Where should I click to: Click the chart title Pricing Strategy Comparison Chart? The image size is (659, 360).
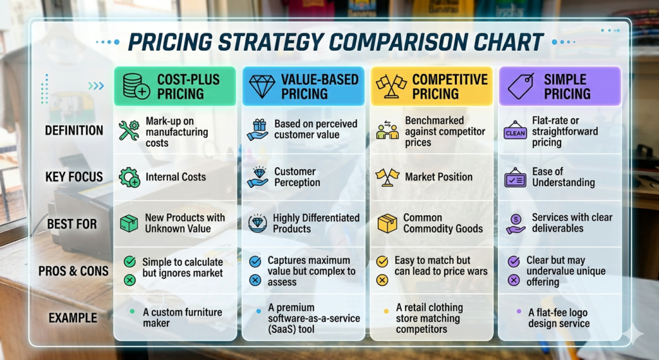coord(335,42)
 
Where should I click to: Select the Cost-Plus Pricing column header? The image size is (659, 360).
coord(175,86)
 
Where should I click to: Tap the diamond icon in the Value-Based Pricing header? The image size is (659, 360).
coord(261,86)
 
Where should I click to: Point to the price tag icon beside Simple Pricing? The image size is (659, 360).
coord(520,86)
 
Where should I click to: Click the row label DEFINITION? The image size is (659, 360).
coord(74,131)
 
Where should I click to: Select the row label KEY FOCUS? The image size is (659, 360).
coord(74,177)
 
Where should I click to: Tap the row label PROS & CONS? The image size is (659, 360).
coord(73,271)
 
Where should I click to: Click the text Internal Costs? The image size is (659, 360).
coord(176,177)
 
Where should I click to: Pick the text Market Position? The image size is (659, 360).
coord(438,177)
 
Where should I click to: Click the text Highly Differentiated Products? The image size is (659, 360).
coord(316,223)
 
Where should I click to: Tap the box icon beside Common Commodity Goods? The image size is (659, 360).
coord(387,223)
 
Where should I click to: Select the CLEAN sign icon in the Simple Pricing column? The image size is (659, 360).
coord(515,131)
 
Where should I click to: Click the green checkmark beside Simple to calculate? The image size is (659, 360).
coord(129,261)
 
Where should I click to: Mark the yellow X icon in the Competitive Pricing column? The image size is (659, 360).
coord(382,279)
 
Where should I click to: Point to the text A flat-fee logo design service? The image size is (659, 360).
coord(558,318)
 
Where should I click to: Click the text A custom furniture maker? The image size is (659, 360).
coord(182,317)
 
